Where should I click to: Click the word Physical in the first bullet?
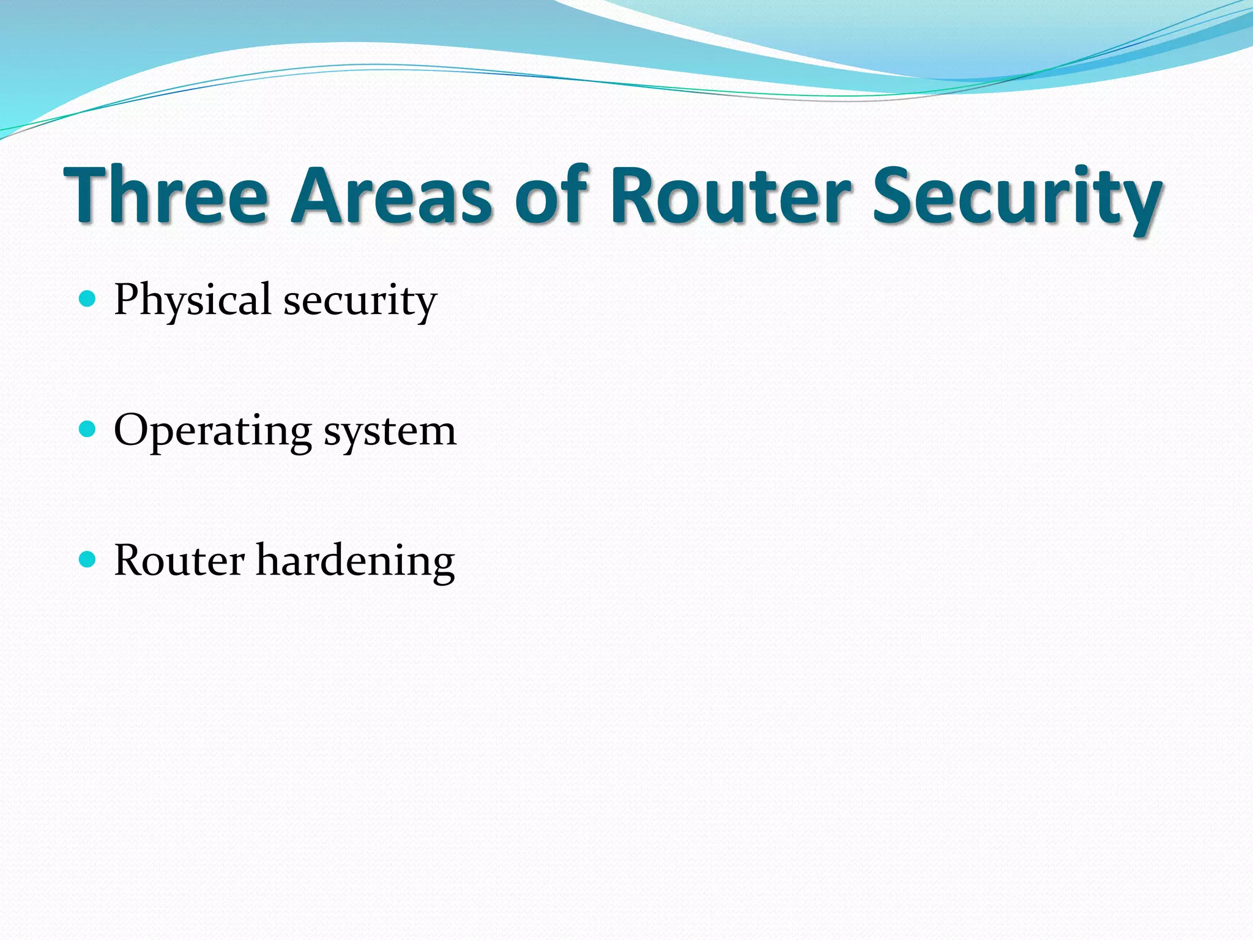(193, 300)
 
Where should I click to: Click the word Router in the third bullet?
(179, 560)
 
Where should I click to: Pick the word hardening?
(355, 561)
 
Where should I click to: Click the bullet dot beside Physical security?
(88, 299)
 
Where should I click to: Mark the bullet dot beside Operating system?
(88, 429)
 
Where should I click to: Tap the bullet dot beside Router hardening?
(88, 559)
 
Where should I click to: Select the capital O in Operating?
(132, 430)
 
